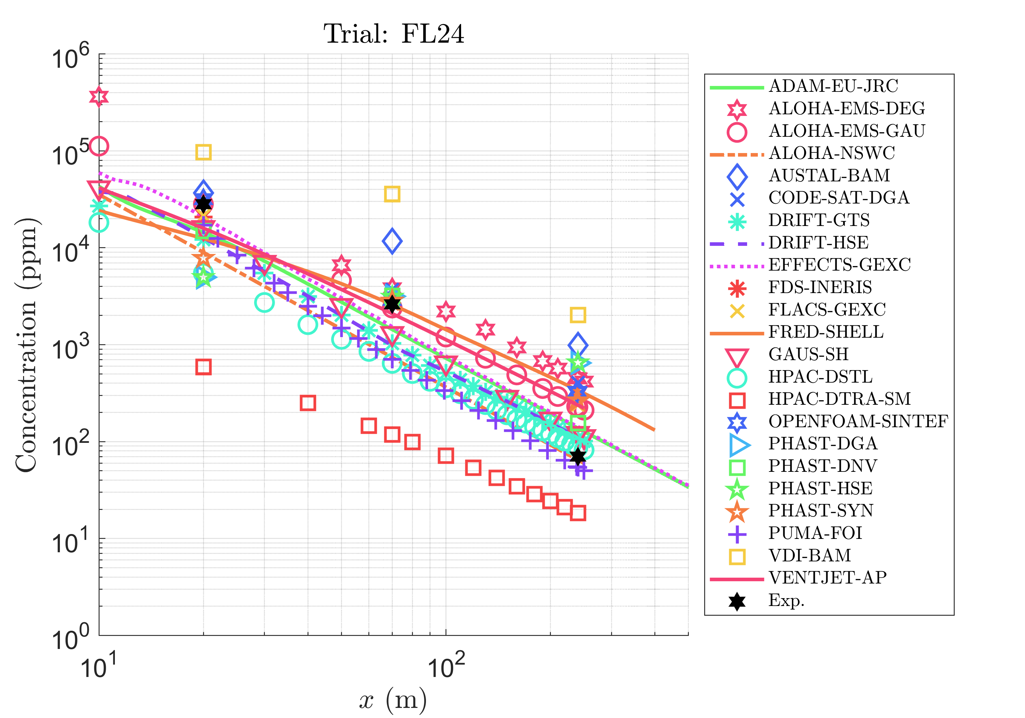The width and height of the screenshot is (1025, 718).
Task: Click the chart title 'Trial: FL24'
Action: tap(393, 34)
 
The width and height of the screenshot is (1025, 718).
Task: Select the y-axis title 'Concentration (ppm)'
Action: tap(26, 345)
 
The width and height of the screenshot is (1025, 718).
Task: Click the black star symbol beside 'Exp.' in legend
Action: tap(737, 601)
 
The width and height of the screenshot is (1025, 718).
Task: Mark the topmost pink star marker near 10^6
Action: tap(99, 96)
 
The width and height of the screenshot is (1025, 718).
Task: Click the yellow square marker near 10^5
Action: tap(204, 152)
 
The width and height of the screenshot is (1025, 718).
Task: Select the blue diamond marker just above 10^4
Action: tap(392, 241)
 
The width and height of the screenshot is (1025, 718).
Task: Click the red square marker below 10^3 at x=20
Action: tap(204, 367)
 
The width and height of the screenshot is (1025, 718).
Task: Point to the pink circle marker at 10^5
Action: tap(99, 146)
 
